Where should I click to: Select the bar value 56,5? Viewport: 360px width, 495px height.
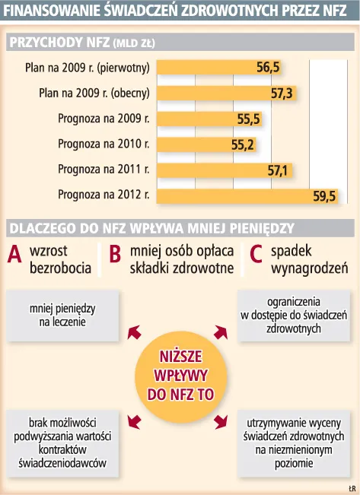pyautogui.click(x=268, y=68)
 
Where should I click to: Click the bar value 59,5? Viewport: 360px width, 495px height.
pyautogui.click(x=324, y=195)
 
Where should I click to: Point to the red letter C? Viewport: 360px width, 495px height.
pyautogui.click(x=256, y=256)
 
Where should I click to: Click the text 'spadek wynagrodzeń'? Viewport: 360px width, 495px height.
pyautogui.click(x=309, y=259)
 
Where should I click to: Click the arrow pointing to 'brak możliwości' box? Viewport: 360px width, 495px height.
pyautogui.click(x=134, y=421)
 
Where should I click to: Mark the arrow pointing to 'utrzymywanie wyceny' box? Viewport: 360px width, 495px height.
pyautogui.click(x=221, y=421)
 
